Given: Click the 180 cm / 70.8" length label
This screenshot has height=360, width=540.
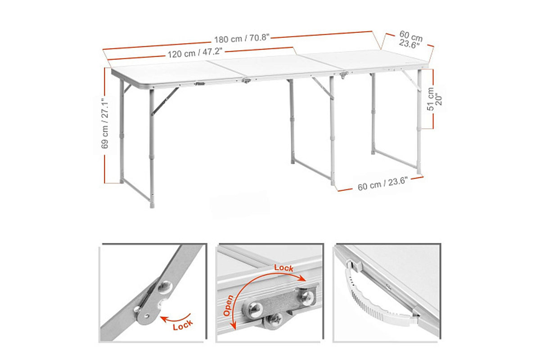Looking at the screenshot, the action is click(242, 38).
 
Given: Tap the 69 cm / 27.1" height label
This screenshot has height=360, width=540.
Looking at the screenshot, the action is click(105, 123).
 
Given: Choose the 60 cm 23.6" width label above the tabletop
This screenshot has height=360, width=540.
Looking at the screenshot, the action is click(410, 39).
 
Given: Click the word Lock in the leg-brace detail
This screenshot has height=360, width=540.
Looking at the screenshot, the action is click(183, 325).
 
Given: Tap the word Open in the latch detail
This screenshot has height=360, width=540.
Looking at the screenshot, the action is click(228, 306).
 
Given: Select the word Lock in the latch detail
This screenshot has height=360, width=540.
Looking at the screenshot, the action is click(284, 268).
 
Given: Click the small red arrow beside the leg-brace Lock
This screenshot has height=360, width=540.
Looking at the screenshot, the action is click(175, 318).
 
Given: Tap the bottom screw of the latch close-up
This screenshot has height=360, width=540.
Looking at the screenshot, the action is click(275, 319).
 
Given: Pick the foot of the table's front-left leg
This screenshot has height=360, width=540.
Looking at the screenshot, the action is click(152, 205).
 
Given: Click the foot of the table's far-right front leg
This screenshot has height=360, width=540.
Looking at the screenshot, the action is click(419, 171).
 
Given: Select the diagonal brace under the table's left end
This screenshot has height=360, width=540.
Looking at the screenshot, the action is click(165, 101).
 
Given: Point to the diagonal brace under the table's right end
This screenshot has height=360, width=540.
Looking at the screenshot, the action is click(411, 81).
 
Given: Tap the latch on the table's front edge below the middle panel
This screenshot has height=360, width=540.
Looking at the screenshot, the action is click(246, 81).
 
